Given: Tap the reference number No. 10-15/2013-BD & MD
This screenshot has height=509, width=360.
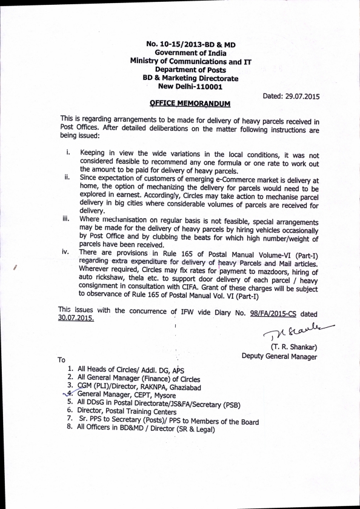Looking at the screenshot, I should [x=190, y=44].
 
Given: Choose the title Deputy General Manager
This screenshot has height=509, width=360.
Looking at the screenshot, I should [x=279, y=357].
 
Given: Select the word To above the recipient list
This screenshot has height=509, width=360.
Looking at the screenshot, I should [x=62, y=359].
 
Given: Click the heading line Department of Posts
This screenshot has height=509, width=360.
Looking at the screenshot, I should [x=190, y=70].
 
